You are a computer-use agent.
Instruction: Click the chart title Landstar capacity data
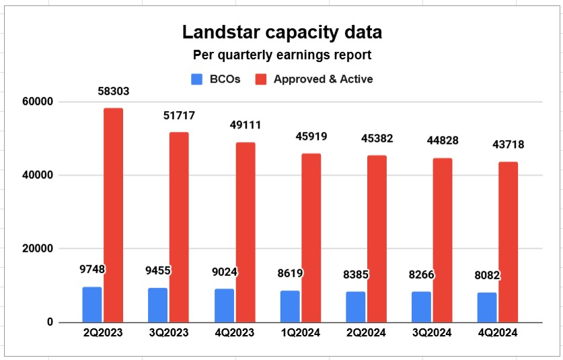pos(281,32)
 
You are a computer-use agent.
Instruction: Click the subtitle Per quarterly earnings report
pos(281,56)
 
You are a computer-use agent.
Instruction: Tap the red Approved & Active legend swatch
pos(262,79)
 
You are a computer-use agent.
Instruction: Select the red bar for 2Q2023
pos(113,215)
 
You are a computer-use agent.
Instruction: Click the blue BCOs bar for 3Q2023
pos(158,305)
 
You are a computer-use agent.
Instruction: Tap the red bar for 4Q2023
pos(245,232)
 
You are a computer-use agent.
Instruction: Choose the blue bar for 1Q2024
pos(290,306)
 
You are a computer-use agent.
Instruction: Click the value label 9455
pos(158,272)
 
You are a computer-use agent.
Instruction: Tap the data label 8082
pos(487,276)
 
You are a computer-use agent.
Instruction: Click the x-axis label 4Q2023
pos(234,333)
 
